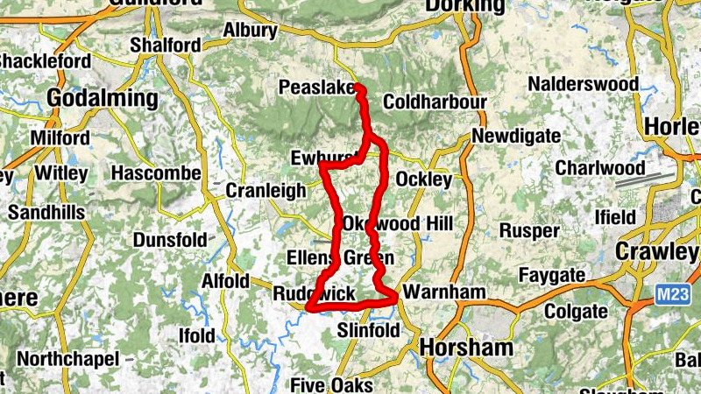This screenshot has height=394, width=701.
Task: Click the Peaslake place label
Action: pyautogui.click(x=315, y=88)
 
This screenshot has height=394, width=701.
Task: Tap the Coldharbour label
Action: pyautogui.click(x=435, y=102)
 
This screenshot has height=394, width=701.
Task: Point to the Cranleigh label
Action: pyautogui.click(x=266, y=190)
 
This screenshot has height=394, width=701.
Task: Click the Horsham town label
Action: pyautogui.click(x=466, y=348)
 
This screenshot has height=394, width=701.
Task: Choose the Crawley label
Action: pyautogui.click(x=658, y=251)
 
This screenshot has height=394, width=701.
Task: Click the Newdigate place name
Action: pyautogui.click(x=514, y=137)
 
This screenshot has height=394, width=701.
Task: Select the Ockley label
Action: pyautogui.click(x=424, y=179)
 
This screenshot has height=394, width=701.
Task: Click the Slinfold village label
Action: pyautogui.click(x=369, y=330)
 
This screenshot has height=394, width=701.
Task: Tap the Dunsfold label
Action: pyautogui.click(x=170, y=239)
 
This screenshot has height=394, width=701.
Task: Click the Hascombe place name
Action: pyautogui.click(x=157, y=172)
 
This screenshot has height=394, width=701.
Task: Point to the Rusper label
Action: pyautogui.click(x=528, y=231)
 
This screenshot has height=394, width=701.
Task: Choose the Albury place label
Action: pyautogui.click(x=250, y=31)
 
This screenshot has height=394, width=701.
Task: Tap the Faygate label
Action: pyautogui.click(x=551, y=276)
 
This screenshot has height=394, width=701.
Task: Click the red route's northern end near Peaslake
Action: pyautogui.click(x=358, y=88)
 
